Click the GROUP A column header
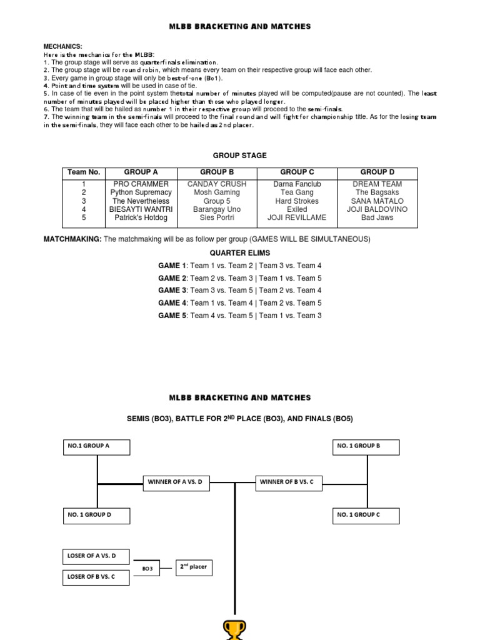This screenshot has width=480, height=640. [141, 172]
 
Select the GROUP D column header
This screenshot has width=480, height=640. [377, 172]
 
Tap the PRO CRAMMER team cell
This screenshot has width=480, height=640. [141, 184]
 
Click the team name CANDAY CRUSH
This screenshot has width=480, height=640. [217, 184]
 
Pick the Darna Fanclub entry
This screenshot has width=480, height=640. [297, 184]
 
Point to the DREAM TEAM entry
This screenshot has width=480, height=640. [377, 184]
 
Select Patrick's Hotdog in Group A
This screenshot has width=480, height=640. [141, 218]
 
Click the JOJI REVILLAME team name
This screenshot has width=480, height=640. [297, 218]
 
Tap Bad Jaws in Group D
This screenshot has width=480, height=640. [377, 218]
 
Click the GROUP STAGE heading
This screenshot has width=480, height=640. [239, 156]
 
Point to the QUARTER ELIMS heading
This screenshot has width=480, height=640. [240, 253]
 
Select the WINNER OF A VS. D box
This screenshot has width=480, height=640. [174, 482]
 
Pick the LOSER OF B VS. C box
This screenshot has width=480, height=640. [96, 577]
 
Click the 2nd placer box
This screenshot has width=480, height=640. [194, 567]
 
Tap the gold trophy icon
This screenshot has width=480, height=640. [235, 629]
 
